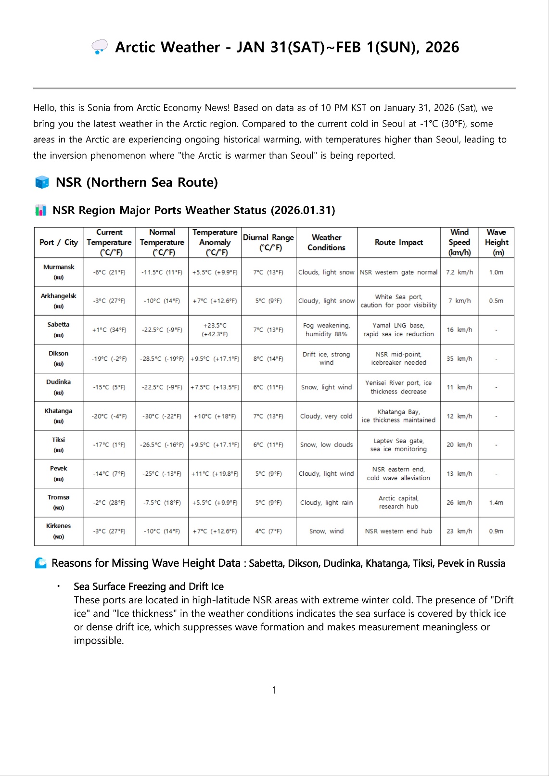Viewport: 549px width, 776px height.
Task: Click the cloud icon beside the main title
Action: click(x=100, y=47)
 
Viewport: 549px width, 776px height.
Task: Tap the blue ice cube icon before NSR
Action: click(x=42, y=182)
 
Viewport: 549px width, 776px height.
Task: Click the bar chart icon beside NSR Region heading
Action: click(x=41, y=210)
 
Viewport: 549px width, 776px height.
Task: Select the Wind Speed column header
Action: click(x=460, y=242)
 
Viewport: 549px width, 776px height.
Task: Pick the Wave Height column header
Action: click(x=496, y=242)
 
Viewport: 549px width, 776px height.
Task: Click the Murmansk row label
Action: click(x=59, y=272)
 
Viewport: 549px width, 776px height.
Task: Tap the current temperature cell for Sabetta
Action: click(x=109, y=330)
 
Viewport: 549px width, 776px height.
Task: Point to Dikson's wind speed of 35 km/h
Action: click(x=460, y=359)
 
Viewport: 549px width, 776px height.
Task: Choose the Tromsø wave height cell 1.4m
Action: click(x=496, y=503)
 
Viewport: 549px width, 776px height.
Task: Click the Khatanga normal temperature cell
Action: click(x=162, y=416)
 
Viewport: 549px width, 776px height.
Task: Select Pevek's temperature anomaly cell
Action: click(x=215, y=474)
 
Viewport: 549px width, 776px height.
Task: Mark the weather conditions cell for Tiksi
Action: click(x=326, y=445)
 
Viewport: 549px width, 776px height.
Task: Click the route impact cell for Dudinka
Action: click(x=398, y=387)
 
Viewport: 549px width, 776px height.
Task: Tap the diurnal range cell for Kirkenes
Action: click(x=268, y=532)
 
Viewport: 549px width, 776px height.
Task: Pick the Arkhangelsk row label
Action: click(x=59, y=301)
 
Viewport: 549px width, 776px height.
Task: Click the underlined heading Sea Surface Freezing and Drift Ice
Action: click(x=149, y=586)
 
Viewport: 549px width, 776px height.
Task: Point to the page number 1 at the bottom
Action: click(x=274, y=690)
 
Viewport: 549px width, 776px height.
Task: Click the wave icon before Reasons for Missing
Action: click(x=41, y=563)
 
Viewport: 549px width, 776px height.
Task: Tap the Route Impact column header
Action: click(x=398, y=242)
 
